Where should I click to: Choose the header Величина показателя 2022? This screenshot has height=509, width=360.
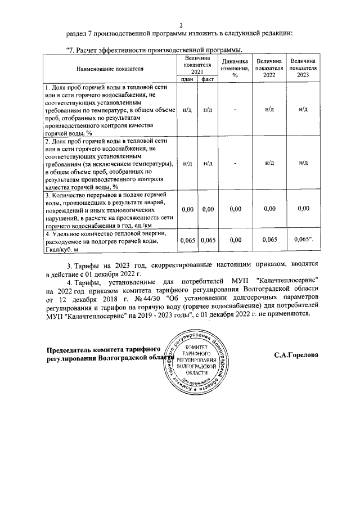coord(269,68)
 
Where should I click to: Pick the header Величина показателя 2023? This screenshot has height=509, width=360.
coord(303,68)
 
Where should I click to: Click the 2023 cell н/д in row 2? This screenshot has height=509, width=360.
coord(303,163)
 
